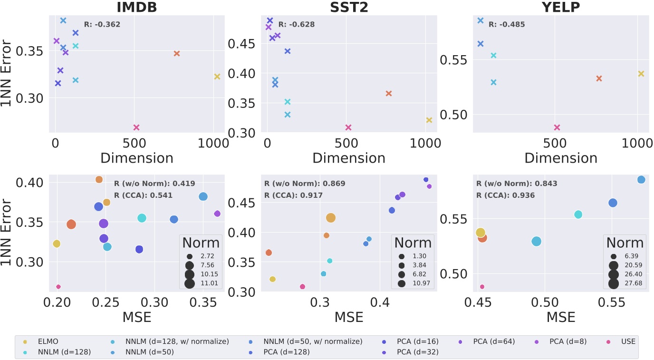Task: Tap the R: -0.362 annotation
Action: [x=102, y=24]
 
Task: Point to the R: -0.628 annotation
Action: [x=297, y=24]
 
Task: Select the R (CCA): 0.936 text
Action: [x=505, y=195]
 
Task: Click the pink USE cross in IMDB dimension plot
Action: [x=136, y=127]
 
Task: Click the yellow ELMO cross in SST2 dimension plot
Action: [x=429, y=120]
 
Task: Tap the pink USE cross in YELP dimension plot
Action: [x=557, y=127]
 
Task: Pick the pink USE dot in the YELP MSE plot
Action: [x=482, y=287]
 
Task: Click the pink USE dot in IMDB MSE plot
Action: [x=58, y=287]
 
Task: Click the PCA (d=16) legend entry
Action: [x=417, y=341]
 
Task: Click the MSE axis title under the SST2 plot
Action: [x=349, y=317]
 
